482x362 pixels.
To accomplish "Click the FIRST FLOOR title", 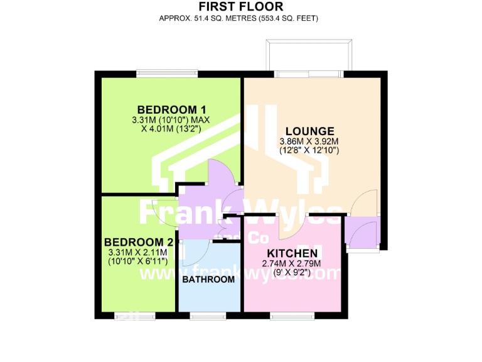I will [241, 7].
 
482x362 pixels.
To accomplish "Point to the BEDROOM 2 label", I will [138, 242].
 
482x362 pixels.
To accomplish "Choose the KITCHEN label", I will [292, 253].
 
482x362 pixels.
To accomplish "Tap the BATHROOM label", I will [208, 279].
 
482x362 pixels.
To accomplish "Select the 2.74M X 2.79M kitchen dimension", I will [291, 263].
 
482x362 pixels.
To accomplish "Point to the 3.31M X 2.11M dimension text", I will [137, 252].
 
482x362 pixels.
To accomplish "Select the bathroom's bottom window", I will [208, 315].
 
